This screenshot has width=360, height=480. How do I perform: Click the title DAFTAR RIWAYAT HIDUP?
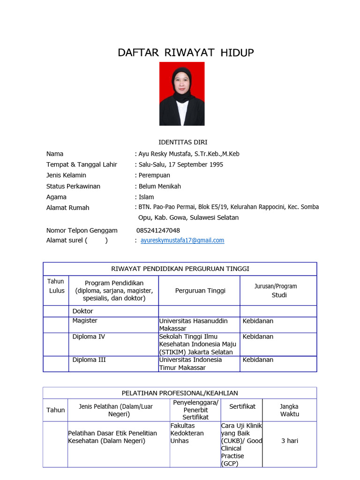click(186, 52)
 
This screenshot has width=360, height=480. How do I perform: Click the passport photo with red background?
click(182, 94)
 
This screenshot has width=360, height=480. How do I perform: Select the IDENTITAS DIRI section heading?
click(183, 142)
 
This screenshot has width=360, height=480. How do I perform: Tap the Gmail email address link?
click(182, 240)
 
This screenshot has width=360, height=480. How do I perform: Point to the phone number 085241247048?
click(158, 231)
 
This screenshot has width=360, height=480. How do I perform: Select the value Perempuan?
click(154, 175)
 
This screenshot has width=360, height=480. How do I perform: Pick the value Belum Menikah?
click(159, 186)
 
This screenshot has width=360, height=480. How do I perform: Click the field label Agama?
click(56, 197)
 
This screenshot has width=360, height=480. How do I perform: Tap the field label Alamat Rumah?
click(67, 208)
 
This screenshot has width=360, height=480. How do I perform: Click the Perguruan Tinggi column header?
click(200, 291)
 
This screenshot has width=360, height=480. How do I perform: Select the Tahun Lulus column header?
click(56, 286)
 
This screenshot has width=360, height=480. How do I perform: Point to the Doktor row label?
click(82, 311)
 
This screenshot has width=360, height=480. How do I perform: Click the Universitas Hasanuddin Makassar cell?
click(193, 325)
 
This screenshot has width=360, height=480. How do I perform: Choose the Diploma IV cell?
click(89, 337)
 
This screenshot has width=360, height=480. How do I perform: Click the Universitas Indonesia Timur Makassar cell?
click(190, 364)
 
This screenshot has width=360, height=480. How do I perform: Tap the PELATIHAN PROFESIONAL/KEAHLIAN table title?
click(180, 393)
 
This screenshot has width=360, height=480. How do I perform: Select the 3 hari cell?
click(290, 441)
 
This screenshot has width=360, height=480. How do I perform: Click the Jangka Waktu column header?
click(290, 410)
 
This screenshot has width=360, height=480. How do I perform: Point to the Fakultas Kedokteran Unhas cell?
click(187, 433)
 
